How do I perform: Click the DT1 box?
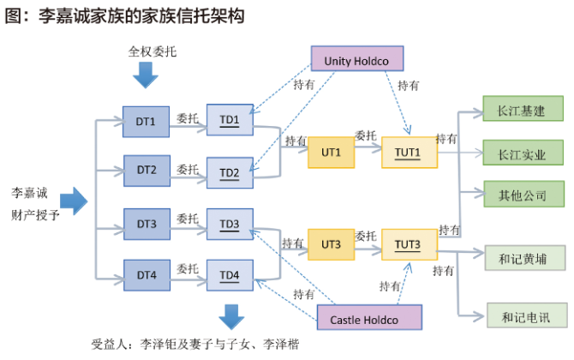click(146, 121)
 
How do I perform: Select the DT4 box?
click(146, 275)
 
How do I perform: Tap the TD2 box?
click(230, 171)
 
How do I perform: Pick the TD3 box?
click(230, 225)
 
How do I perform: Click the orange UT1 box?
click(332, 152)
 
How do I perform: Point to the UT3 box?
click(332, 245)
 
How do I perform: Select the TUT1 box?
click(408, 152)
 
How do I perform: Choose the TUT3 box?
click(408, 245)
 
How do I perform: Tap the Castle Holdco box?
click(370, 320)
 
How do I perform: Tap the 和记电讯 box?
click(523, 315)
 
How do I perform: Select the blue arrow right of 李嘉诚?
click(75, 202)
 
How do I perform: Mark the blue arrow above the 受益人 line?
click(230, 316)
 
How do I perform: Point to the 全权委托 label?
click(152, 51)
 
